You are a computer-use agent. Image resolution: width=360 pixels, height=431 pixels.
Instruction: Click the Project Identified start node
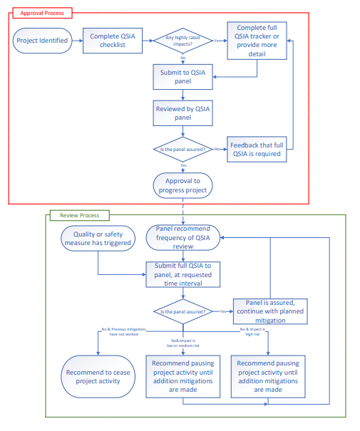pyautogui.click(x=42, y=41)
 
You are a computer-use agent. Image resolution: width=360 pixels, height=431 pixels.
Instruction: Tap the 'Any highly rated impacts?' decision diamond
pyautogui.click(x=183, y=41)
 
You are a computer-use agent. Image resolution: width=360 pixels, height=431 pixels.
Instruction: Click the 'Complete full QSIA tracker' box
pyautogui.click(x=257, y=41)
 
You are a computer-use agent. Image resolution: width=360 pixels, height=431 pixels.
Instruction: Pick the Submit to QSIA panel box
pyautogui.click(x=182, y=77)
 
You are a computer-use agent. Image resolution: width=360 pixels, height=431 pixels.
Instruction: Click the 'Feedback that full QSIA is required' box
pyautogui.click(x=257, y=150)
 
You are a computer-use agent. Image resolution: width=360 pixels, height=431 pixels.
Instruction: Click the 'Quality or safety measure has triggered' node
pyautogui.click(x=97, y=238)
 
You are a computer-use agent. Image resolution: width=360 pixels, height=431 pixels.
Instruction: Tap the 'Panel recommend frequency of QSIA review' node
pyautogui.click(x=183, y=238)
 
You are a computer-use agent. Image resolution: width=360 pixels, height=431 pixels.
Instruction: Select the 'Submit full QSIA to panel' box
pyautogui.click(x=183, y=274)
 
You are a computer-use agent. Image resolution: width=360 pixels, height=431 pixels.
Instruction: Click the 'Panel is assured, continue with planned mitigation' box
pyautogui.click(x=270, y=311)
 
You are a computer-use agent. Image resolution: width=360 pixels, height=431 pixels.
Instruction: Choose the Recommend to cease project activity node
pyautogui.click(x=97, y=376)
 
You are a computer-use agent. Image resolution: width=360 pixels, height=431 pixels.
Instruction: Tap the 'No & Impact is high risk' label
pyautogui.click(x=253, y=333)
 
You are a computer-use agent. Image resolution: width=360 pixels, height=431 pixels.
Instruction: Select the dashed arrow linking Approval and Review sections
pyautogui.click(x=183, y=211)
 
